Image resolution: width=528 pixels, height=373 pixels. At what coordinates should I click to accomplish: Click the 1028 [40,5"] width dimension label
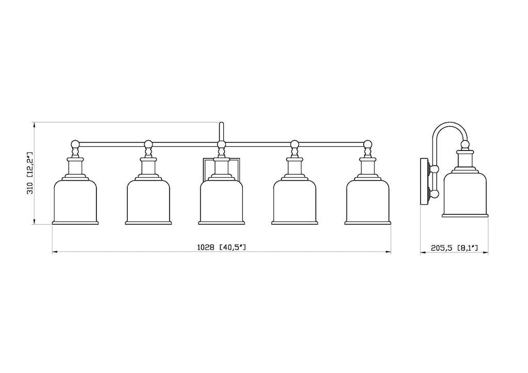[221, 247]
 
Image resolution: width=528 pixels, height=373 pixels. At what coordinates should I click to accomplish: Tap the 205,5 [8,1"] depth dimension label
[454, 248]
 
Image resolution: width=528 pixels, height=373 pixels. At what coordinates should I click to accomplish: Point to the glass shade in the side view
[465, 194]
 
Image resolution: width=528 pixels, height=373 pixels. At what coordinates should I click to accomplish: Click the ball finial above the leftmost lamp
[75, 144]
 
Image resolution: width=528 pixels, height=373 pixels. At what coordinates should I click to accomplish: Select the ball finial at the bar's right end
[368, 144]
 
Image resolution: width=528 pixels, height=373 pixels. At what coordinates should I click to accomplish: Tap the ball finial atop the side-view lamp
[465, 145]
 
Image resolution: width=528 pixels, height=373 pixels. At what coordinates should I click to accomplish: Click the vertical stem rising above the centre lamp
[221, 131]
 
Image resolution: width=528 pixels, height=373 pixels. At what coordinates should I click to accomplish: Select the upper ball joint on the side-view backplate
[435, 169]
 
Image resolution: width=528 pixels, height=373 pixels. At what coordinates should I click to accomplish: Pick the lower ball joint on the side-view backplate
[435, 194]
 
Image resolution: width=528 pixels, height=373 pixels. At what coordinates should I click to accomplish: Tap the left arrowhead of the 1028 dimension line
[55, 251]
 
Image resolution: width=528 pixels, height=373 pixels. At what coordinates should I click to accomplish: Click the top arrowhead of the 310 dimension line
[34, 125]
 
